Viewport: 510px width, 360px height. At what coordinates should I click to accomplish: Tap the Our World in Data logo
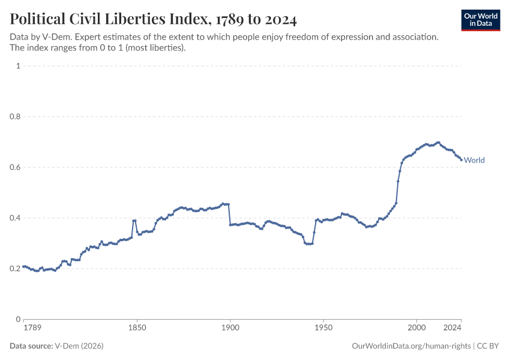481,20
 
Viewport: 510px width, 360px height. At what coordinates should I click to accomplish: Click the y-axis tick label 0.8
15,116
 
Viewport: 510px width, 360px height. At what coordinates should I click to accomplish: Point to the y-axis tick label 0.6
15,167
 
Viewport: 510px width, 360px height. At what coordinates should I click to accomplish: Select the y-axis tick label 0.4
15,218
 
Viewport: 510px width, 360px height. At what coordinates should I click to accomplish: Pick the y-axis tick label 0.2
15,269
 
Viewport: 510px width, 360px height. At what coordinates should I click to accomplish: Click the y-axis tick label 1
18,65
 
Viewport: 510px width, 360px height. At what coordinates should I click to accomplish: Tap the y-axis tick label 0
18,319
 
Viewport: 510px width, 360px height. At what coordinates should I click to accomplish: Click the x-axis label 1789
32,328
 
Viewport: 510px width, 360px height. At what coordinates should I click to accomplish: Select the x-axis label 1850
137,328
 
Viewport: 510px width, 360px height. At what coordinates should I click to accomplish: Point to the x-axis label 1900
230,328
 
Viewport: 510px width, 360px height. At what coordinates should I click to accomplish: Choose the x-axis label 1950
323,328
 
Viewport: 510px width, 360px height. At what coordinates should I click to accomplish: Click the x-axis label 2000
416,328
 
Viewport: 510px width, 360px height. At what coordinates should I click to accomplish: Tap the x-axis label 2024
452,328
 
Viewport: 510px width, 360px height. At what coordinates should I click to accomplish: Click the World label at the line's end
474,160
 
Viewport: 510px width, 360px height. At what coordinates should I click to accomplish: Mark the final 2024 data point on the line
461,160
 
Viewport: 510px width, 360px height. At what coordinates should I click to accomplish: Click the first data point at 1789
24,266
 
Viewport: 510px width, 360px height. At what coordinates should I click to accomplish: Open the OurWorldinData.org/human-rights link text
411,346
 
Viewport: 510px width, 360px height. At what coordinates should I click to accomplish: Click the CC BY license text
488,346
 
